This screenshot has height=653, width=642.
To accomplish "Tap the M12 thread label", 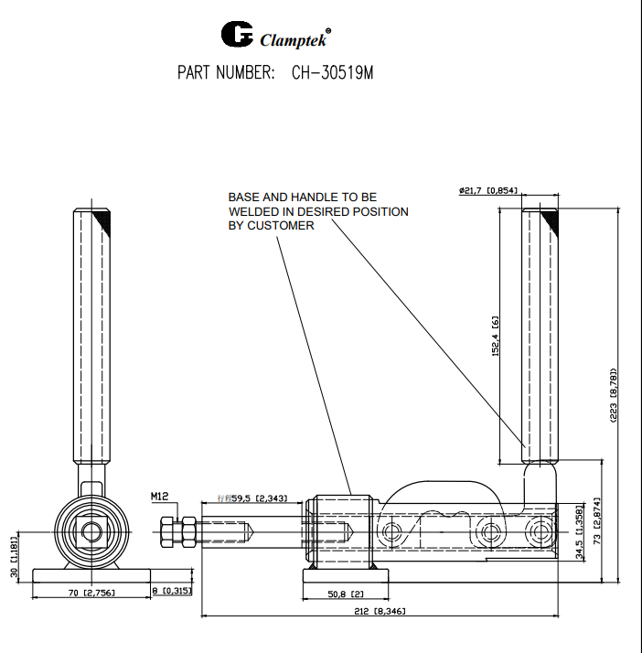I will (x=160, y=497).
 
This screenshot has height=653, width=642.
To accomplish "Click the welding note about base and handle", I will (x=317, y=211).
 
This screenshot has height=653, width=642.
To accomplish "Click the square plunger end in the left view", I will (x=90, y=530).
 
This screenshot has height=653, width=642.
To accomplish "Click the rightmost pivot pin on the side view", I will (x=543, y=531).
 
